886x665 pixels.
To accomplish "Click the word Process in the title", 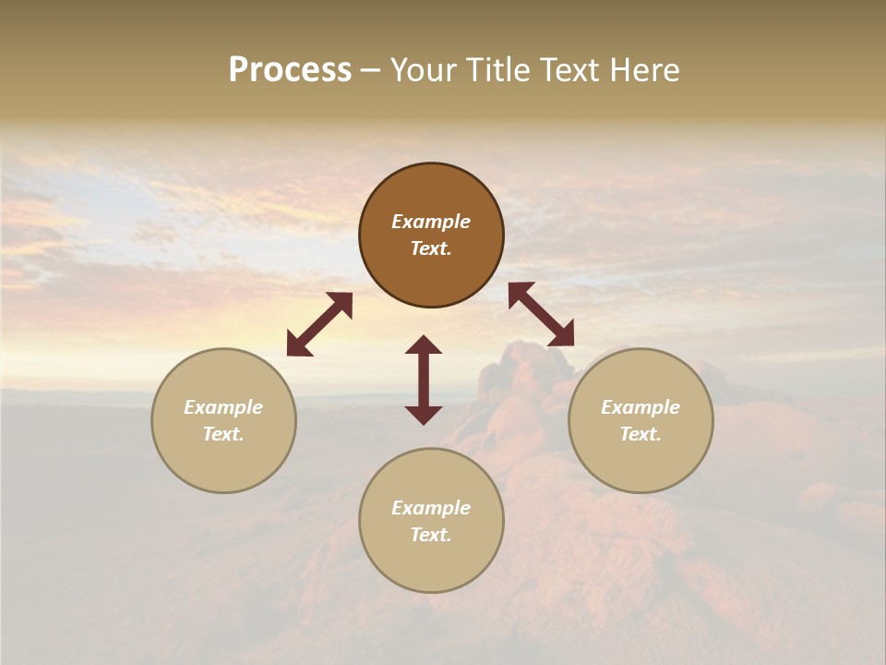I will click(290, 70).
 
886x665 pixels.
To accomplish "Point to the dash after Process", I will click(371, 71).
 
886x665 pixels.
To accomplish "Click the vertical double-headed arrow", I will click(424, 380).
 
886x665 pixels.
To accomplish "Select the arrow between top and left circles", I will click(319, 324).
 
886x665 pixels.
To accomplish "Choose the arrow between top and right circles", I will click(541, 314).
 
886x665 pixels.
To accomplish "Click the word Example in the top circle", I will click(431, 222).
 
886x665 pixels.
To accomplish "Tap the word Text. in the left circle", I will click(223, 434).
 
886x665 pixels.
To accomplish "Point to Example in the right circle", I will click(641, 407).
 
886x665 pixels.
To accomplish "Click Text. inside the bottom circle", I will click(431, 535).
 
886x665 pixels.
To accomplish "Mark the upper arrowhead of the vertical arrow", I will click(424, 345).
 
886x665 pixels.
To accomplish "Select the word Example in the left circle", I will click(223, 407).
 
